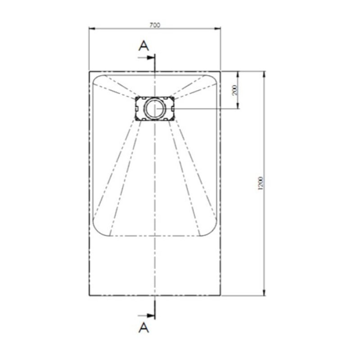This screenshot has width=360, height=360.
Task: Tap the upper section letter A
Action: (143, 45)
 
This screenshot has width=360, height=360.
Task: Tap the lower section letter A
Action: (143, 327)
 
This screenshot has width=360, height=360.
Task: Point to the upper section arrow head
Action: (152, 58)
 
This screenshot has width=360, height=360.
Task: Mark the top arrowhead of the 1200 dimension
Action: (264, 73)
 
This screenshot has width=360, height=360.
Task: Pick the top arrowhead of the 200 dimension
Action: (238, 73)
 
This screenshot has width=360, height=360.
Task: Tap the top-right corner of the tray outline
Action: (220, 71)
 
